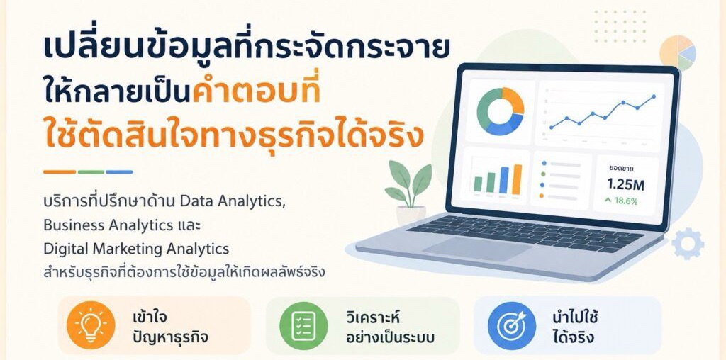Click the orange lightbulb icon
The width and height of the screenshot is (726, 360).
pos(90,325)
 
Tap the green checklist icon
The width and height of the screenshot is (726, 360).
pos(303,325)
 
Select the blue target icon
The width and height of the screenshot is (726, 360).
pos(512,325)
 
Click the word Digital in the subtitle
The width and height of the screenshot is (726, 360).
pos(67,249)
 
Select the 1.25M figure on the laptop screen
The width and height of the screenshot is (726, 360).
pos(625,185)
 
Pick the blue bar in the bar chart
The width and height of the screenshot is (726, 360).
pos(504,181)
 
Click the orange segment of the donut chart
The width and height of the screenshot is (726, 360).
pos(514,99)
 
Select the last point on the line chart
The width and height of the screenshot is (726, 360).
pos(653,96)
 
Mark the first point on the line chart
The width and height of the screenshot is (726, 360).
pos(551,128)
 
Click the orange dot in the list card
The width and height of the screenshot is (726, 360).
pos(542,196)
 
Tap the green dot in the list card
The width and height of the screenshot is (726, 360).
pos(543,174)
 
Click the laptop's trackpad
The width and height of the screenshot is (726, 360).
pos(477,249)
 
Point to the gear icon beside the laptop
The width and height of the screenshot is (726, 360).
pos(688,243)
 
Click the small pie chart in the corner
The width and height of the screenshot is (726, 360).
pos(677,53)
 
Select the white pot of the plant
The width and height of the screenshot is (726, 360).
pos(411,215)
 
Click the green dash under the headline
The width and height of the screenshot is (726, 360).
pos(91,171)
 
